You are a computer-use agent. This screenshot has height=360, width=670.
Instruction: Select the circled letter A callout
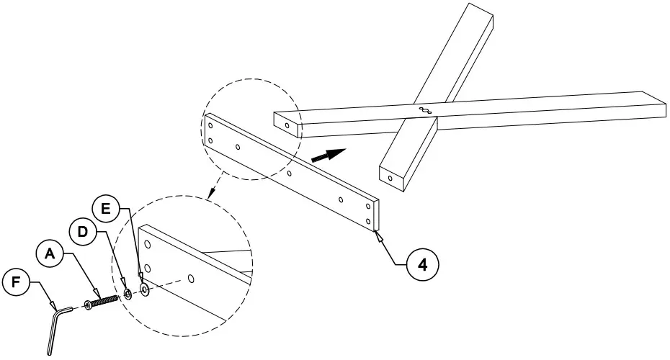49,253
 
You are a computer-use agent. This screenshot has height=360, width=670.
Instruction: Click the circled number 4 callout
423,265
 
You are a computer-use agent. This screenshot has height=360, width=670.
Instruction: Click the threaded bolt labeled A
102,301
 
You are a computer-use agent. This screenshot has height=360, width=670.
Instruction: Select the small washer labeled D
128,294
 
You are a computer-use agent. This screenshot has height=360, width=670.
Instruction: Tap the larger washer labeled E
144,289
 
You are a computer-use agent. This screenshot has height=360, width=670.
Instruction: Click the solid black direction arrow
328,153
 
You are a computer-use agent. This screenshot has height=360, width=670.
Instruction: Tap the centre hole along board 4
289,174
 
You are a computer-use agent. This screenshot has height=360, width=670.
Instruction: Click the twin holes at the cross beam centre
424,111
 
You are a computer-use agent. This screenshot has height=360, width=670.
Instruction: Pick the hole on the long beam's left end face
287,125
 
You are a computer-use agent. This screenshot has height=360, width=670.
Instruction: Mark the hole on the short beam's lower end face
390,177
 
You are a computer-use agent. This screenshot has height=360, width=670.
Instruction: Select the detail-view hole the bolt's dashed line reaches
190,278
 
